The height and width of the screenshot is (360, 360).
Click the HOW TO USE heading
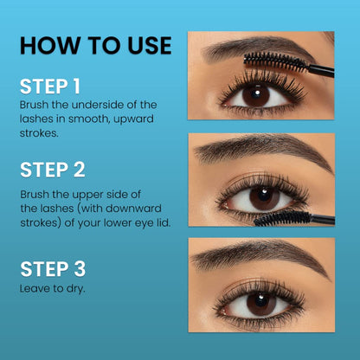click(x=95, y=45)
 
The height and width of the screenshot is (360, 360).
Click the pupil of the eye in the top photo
click(x=256, y=96)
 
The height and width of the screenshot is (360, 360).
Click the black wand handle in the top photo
click(x=322, y=69)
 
